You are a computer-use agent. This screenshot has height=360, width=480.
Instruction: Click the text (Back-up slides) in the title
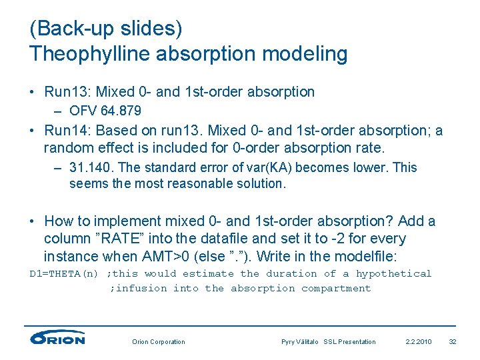pos(106,29)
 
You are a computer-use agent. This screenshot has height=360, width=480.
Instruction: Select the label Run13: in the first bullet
pos(69,91)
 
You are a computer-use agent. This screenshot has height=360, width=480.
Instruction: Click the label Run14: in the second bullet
pos(69,131)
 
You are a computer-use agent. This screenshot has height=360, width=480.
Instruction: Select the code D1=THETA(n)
pos(65,274)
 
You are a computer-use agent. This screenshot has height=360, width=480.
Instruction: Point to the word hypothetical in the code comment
pos(393,274)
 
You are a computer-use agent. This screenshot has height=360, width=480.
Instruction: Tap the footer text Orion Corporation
pos(159,342)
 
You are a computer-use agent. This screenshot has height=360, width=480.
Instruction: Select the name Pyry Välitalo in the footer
pos(301,342)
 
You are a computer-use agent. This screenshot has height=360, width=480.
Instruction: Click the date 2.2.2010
pos(418,342)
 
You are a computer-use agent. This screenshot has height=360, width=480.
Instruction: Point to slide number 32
pos(453,342)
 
